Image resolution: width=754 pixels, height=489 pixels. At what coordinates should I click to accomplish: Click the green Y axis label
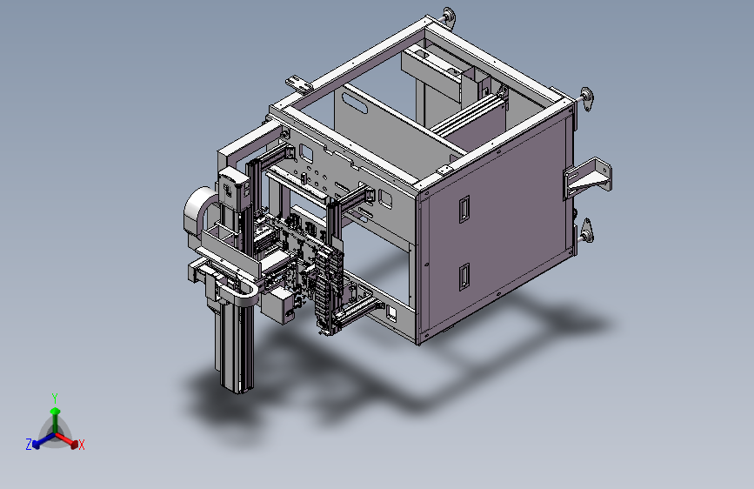tap(55, 398)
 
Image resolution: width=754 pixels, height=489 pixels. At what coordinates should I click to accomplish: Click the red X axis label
tap(81, 445)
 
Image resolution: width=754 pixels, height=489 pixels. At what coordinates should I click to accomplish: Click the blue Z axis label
tap(29, 445)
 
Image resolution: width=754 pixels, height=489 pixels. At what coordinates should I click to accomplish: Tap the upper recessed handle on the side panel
tap(464, 210)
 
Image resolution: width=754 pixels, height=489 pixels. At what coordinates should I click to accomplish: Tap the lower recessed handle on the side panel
tap(464, 278)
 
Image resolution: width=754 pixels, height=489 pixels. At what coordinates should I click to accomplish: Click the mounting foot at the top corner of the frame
tap(448, 17)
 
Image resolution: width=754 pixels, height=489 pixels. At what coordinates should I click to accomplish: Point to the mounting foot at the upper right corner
tap(586, 99)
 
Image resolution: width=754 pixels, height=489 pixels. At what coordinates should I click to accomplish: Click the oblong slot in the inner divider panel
tap(355, 103)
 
